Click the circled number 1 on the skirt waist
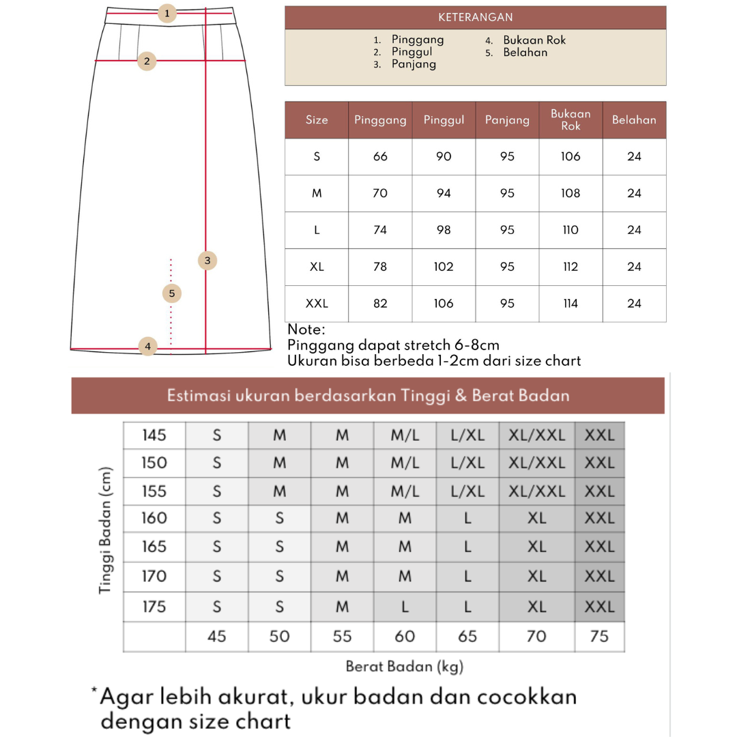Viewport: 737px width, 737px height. click(x=167, y=13)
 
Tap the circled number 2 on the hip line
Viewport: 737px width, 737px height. click(x=147, y=61)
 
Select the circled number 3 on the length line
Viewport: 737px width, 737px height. click(x=207, y=260)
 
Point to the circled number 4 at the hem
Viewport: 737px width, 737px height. click(x=147, y=347)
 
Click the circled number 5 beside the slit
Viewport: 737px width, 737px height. click(x=172, y=293)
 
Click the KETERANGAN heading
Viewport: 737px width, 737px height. click(x=475, y=18)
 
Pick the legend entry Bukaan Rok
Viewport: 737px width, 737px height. click(x=534, y=40)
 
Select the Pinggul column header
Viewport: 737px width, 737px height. click(x=444, y=120)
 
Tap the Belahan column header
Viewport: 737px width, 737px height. click(x=634, y=120)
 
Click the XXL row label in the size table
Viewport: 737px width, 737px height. click(x=317, y=304)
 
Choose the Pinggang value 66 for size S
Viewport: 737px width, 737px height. click(x=380, y=157)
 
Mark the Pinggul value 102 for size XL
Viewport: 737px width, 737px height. click(x=444, y=267)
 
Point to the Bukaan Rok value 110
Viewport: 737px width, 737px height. click(x=570, y=230)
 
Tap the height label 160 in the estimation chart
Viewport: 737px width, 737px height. click(x=154, y=519)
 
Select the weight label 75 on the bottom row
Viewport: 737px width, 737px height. click(x=598, y=637)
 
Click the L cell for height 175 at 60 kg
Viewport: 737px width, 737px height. click(x=405, y=607)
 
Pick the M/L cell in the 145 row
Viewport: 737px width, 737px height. click(x=405, y=435)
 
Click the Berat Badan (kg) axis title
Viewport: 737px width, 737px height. click(x=404, y=667)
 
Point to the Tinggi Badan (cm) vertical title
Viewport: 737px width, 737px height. click(x=105, y=530)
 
